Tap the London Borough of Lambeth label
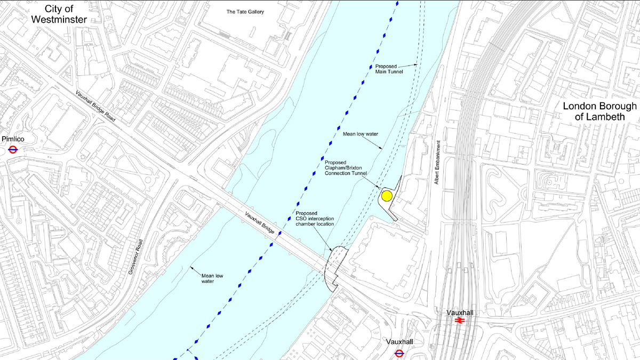pos(599,111)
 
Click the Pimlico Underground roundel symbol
pos(13,150)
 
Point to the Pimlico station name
pos(13,139)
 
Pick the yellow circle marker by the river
pos(387,196)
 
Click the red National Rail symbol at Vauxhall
pos(459,321)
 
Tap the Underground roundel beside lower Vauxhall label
pos(398,353)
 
